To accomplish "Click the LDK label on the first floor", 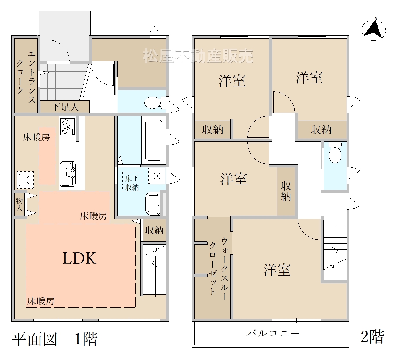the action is [79, 258].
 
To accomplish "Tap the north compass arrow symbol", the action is [374, 30].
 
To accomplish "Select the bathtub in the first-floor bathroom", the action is [154, 140].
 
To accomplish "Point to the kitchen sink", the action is [68, 174].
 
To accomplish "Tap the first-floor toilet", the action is [155, 103].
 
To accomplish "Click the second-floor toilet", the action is [335, 152].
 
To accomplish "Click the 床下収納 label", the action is [132, 183].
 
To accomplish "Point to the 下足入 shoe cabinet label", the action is [65, 107].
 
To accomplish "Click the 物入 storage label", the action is [19, 204].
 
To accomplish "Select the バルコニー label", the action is [273, 333].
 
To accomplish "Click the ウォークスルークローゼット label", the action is [218, 269].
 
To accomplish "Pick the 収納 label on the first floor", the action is [154, 230].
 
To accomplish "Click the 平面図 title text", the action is [35, 339].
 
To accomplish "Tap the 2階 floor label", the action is [372, 337].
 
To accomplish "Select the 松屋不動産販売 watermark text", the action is [198, 56].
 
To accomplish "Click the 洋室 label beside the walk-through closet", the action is [277, 270].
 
